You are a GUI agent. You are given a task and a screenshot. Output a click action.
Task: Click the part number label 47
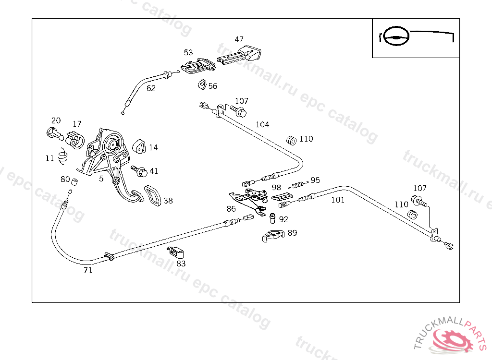click(239, 39)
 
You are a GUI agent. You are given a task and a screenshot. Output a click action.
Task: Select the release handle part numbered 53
click(198, 66)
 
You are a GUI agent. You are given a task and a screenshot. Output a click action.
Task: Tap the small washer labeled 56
click(202, 84)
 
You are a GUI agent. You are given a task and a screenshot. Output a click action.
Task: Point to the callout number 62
click(151, 88)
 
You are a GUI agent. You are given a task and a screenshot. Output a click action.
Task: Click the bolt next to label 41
click(139, 171)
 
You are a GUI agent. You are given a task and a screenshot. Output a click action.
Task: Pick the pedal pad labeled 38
click(153, 196)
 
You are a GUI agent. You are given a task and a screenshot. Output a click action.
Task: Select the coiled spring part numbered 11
click(63, 156)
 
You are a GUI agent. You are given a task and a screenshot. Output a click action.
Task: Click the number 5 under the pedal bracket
click(101, 179)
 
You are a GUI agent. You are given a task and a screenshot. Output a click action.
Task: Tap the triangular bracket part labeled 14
click(139, 146)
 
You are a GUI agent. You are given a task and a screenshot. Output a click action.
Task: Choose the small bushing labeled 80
click(74, 181)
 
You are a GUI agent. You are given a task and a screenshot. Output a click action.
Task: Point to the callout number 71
click(88, 270)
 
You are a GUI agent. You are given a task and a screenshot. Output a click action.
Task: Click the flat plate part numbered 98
click(282, 197)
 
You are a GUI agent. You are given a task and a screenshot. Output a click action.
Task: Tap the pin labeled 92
click(272, 218)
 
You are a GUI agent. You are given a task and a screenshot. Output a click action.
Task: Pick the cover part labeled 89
click(273, 236)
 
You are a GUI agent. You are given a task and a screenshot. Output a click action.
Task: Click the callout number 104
click(262, 124)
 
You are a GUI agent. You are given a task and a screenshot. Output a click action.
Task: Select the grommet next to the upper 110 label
click(292, 141)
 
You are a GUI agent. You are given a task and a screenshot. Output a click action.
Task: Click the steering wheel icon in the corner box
click(396, 36)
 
